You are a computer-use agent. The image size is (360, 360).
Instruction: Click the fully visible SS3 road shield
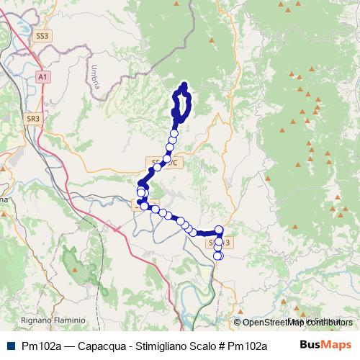click(x=42, y=35)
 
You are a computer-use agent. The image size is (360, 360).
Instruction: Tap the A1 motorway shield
click(x=43, y=76)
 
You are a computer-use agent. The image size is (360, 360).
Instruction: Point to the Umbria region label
click(x=94, y=76)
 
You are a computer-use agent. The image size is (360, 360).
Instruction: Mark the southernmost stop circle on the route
click(x=218, y=256)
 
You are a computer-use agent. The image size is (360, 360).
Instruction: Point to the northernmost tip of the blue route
click(x=185, y=85)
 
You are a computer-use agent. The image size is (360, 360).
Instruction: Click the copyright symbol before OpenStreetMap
click(x=238, y=322)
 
